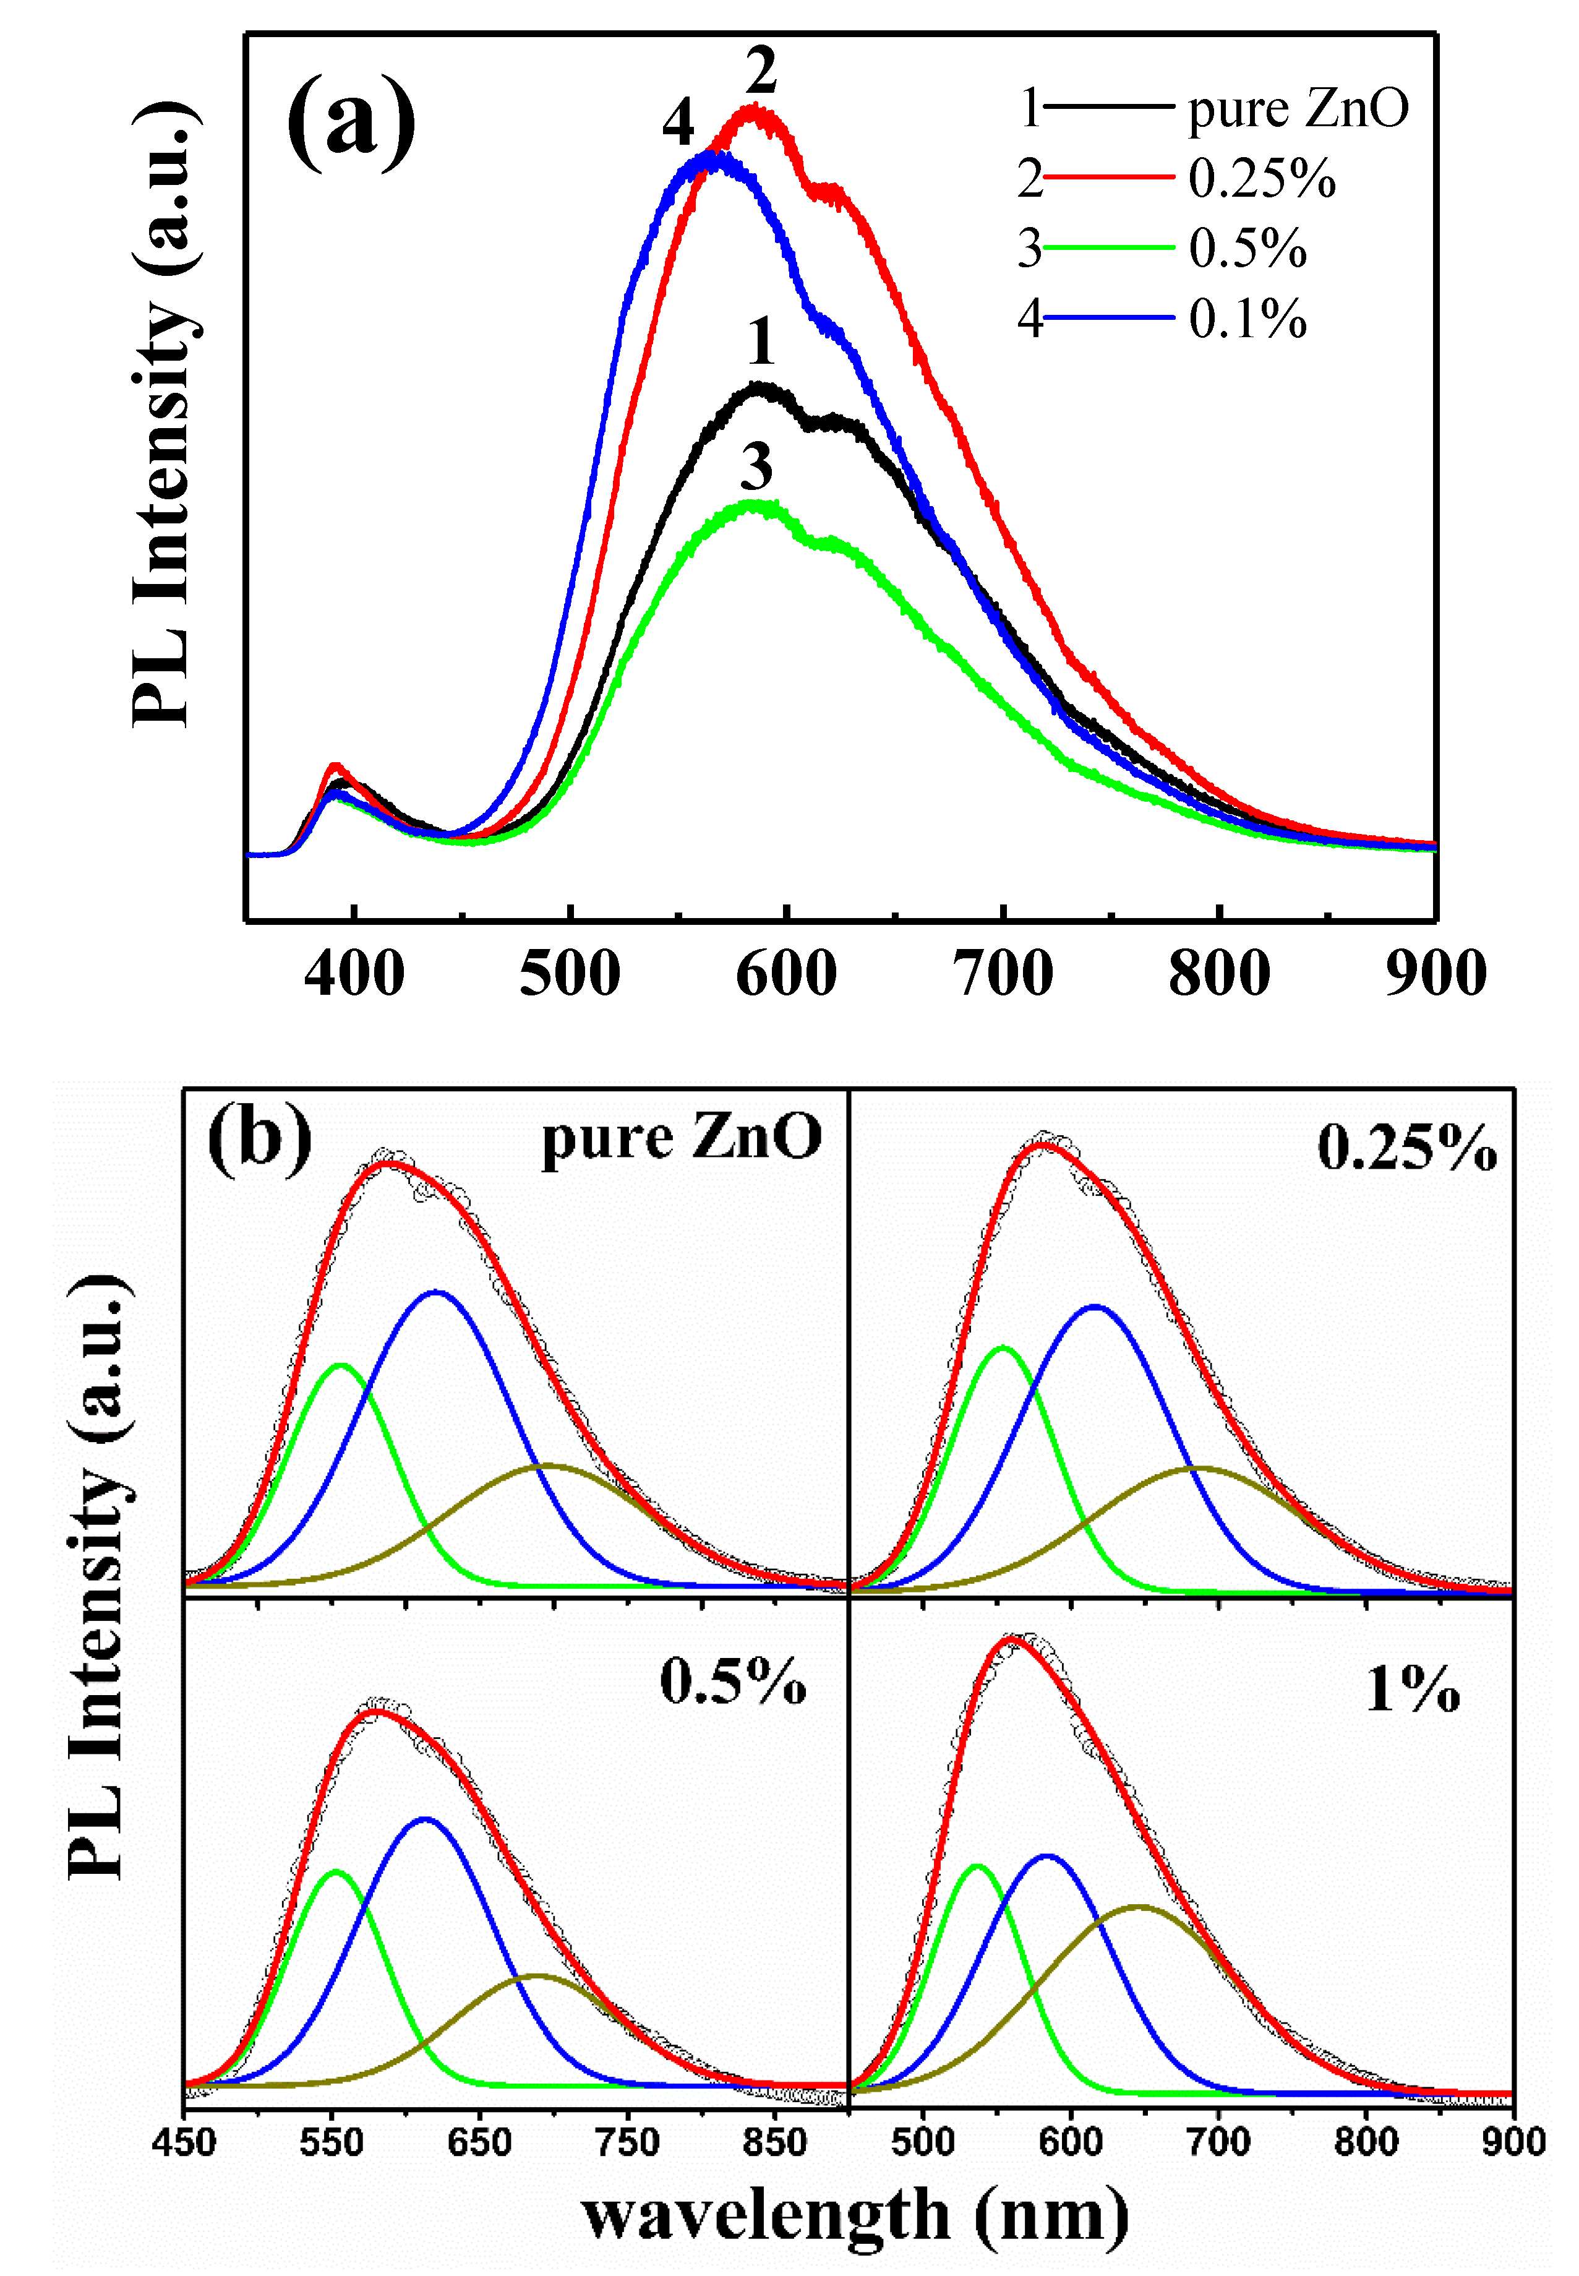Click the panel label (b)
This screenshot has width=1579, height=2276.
coord(259,1140)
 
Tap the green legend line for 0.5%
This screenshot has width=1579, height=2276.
coord(1108,247)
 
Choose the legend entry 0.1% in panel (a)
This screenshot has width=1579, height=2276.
coord(1247,319)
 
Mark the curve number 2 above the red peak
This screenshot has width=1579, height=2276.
coord(760,71)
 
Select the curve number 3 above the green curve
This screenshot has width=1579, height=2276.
coord(757,467)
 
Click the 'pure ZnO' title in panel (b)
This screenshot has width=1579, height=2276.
coord(681,1138)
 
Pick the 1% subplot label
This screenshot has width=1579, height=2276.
coord(1412,1689)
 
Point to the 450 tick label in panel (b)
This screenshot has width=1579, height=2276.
coord(184,2142)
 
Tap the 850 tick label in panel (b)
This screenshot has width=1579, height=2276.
coord(775,2142)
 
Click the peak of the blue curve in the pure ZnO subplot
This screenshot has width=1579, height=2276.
coord(435,1291)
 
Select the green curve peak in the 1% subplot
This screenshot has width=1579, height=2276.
coord(977,1866)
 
